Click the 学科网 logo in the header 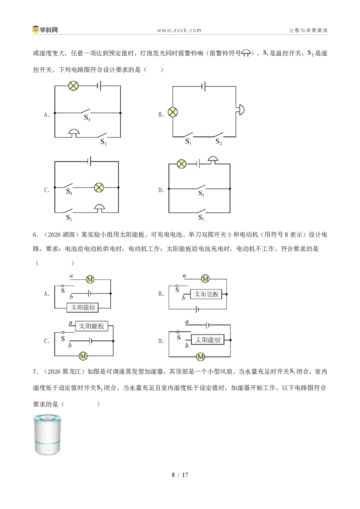click(45, 30)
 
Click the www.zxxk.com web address click(180, 31)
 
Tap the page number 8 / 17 click(180, 475)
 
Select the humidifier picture click(47, 434)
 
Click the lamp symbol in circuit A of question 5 click(73, 86)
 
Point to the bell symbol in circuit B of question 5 click(240, 109)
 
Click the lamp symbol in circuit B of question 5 click(173, 112)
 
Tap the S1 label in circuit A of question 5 click(87, 118)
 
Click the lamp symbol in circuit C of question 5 click(99, 188)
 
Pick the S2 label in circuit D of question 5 click(201, 218)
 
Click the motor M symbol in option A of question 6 click(90, 279)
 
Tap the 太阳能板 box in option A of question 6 click(83, 308)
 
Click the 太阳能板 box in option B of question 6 click(206, 294)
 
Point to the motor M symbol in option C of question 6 click(83, 356)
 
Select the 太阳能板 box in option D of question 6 click(207, 340)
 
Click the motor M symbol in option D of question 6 click(201, 357)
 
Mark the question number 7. click(36, 372)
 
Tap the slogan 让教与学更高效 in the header click(308, 30)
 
